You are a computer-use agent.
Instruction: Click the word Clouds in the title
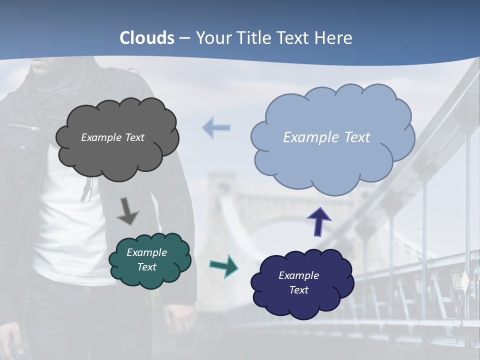pos(147,38)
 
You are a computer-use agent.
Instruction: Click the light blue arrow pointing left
pos(216,127)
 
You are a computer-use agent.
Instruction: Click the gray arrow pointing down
pos(127,211)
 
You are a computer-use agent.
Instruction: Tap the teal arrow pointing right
pos(223,266)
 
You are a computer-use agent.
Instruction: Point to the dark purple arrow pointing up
pos(318,221)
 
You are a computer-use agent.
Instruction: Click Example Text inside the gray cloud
pos(112,137)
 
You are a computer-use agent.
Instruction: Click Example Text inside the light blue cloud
pos(326,137)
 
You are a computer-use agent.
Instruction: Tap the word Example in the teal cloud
pos(146,252)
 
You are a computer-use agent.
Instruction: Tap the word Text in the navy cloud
pos(299,290)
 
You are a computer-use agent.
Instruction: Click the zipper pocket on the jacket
pos(23,126)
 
